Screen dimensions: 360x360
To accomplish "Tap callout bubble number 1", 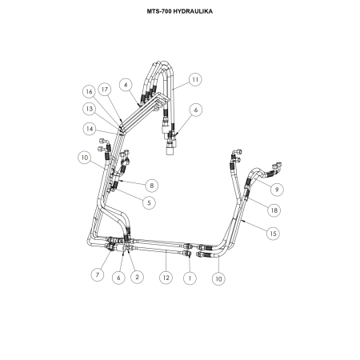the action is coord(190,278).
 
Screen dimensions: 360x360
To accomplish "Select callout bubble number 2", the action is coord(137,277).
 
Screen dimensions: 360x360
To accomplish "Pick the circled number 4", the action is coord(126,85).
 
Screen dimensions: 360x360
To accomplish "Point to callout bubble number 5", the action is coord(149,202).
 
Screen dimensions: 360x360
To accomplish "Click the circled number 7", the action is coord(98,274).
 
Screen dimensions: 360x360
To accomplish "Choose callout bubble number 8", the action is coord(152,186).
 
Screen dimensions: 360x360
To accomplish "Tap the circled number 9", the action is coord(277,190).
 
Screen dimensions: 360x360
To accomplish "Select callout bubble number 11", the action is coord(195,79).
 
